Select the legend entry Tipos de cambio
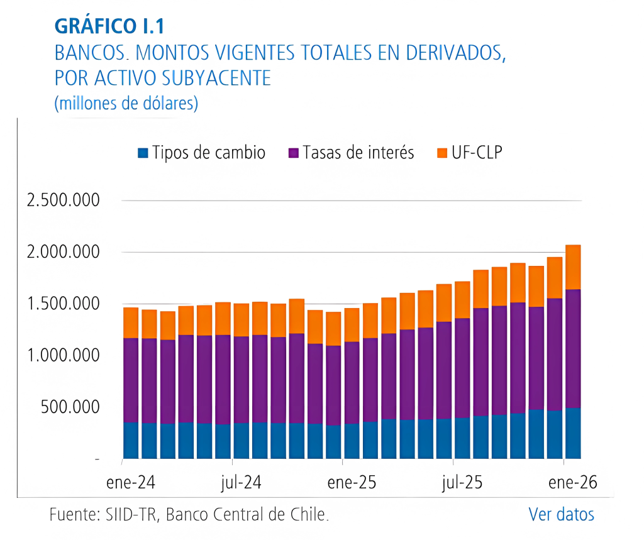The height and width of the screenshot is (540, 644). pos(201,153)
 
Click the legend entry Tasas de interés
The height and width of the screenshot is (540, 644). pos(351,153)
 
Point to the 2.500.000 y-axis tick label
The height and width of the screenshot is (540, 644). pos(63,201)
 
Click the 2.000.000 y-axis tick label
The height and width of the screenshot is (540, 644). pos(63,253)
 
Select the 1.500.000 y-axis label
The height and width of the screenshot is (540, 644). pos(63,304)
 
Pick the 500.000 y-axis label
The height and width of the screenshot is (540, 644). pos(70,407)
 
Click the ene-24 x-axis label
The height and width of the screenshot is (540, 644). pos(131,483)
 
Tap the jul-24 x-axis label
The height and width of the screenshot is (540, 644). pos(241,483)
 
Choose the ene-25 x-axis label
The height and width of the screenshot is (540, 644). pos(352,483)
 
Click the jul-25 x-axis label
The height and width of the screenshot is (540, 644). pos(462,483)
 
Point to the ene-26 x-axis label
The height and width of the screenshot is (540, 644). pos(572,483)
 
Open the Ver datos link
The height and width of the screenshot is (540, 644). pos(561,514)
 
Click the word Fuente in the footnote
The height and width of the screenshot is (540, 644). pos(71,515)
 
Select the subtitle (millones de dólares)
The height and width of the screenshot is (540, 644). pos(126,102)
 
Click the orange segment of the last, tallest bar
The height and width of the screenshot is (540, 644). pos(572,267)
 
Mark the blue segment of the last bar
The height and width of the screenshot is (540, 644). pos(572,434)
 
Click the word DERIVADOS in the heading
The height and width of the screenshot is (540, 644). pos(448,52)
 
